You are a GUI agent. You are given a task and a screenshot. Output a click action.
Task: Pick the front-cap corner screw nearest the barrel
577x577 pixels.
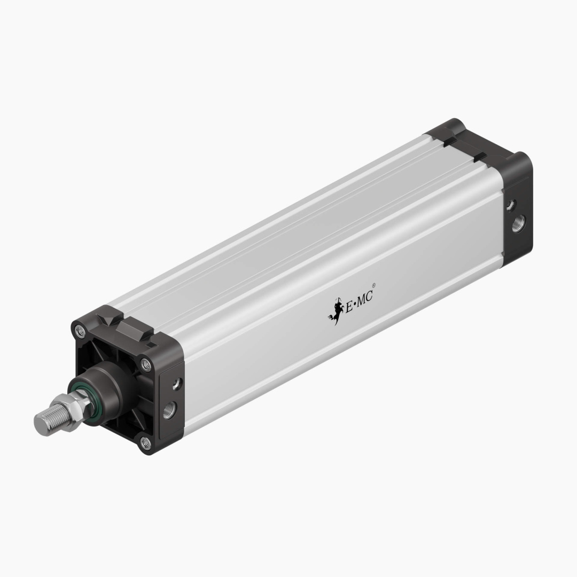(x=145, y=364)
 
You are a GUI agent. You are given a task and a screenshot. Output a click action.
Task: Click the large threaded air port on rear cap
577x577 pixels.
(x=518, y=224)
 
